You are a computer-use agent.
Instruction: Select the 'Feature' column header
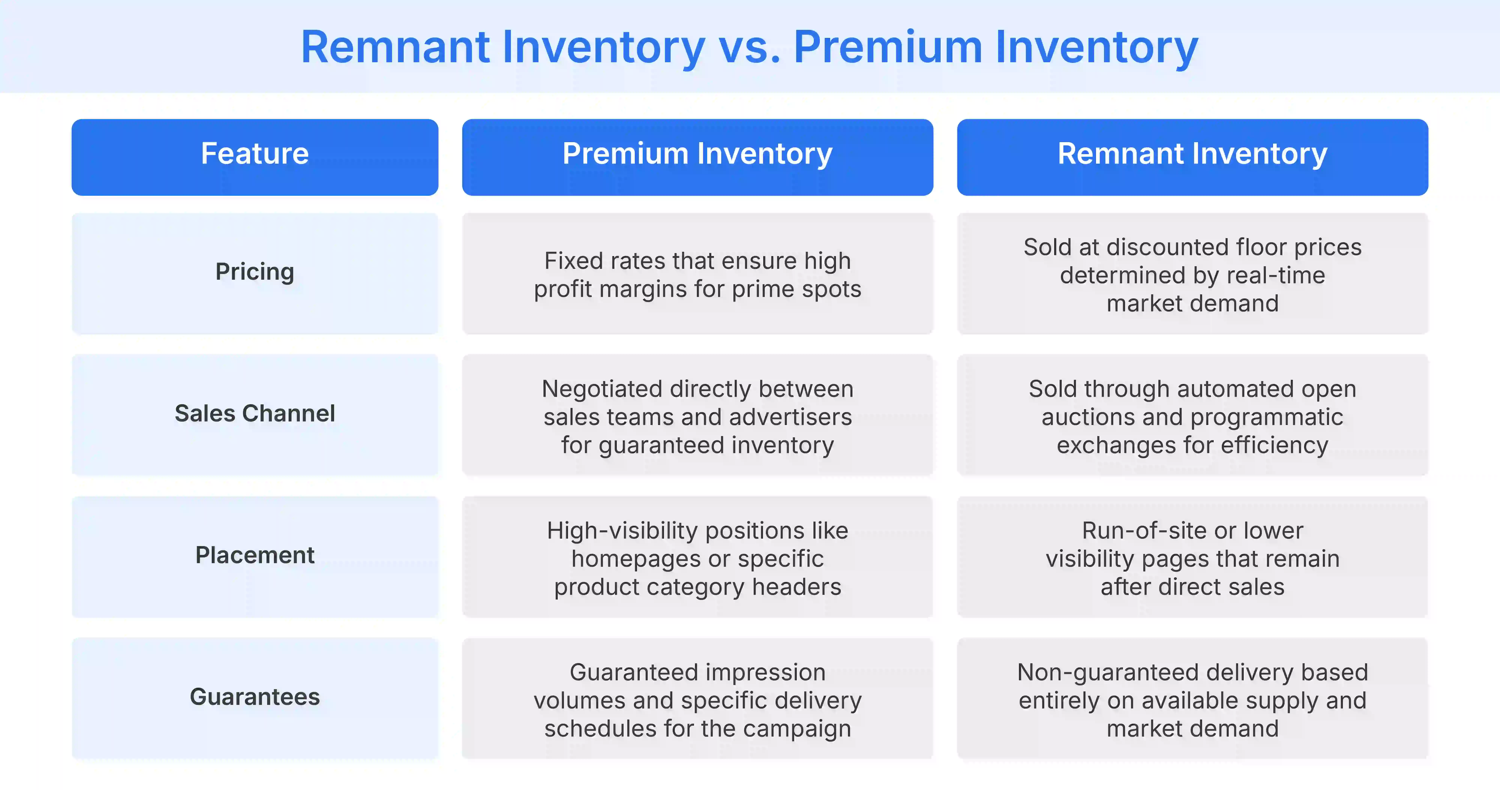(x=254, y=154)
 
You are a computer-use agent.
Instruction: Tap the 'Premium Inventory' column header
(x=697, y=154)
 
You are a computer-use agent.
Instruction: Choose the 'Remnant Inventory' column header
(x=1192, y=154)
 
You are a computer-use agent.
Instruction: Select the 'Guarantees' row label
(x=254, y=697)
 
